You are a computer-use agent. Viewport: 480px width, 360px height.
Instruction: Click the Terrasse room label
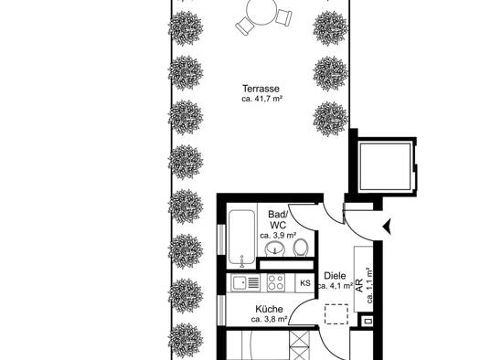click(x=261, y=89)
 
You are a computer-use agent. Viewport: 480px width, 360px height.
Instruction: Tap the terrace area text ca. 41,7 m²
click(x=261, y=99)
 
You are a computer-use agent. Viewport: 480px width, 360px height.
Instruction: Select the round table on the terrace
click(x=262, y=12)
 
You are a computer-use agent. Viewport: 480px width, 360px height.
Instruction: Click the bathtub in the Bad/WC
click(x=242, y=237)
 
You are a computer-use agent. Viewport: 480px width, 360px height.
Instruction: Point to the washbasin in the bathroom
click(x=274, y=248)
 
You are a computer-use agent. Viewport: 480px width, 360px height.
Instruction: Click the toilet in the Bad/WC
click(x=300, y=248)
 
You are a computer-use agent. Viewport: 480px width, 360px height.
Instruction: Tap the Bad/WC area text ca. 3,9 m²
click(x=278, y=235)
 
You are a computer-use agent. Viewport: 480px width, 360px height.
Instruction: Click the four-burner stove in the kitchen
click(x=276, y=282)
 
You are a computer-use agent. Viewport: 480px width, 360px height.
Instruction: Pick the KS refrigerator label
click(x=304, y=283)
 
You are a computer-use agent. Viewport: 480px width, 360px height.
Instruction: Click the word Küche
click(x=269, y=309)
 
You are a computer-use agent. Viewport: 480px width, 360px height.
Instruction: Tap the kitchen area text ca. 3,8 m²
click(x=269, y=319)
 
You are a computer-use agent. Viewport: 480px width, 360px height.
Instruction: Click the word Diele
click(x=335, y=276)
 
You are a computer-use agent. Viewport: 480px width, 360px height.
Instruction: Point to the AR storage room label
click(x=360, y=285)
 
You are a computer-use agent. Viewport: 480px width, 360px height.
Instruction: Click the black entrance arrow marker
click(x=388, y=227)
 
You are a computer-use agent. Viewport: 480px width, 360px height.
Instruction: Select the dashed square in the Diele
click(x=336, y=314)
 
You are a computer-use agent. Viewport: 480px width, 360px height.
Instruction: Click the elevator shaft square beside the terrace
click(x=386, y=166)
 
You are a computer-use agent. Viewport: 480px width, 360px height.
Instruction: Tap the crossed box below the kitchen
click(x=299, y=345)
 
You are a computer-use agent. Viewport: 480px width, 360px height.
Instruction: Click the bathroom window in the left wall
click(x=221, y=239)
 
